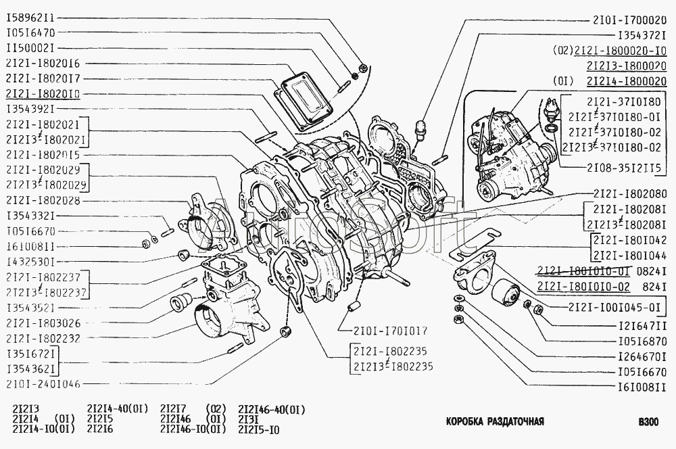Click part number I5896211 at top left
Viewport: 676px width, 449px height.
tap(33, 16)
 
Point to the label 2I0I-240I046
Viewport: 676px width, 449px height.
tap(43, 383)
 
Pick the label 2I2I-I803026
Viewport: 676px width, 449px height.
tap(43, 322)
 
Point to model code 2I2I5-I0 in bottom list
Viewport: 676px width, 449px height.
tap(259, 429)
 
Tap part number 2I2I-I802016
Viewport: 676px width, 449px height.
tap(43, 63)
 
